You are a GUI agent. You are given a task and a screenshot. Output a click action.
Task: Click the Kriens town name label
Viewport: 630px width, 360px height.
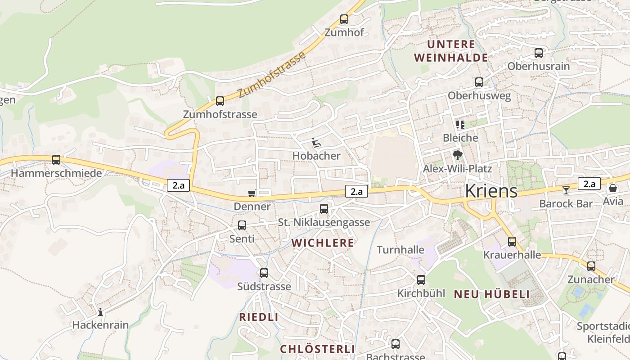pos(491,191)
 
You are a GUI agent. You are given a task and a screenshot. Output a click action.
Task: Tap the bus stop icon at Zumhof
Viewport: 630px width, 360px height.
pos(344,19)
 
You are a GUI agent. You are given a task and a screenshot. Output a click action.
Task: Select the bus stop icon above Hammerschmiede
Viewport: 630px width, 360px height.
pos(56,160)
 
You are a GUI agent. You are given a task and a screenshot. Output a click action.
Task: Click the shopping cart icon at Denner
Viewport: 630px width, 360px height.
pos(252,193)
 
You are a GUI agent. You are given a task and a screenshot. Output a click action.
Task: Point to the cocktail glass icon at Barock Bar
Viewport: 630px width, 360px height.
pos(566,190)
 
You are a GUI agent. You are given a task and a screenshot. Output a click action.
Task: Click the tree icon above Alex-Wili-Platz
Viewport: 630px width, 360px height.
pos(458,155)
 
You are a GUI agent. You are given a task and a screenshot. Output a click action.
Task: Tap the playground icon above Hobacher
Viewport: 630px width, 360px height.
pos(317,143)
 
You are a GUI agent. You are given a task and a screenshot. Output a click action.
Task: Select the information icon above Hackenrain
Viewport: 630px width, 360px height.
pos(100,311)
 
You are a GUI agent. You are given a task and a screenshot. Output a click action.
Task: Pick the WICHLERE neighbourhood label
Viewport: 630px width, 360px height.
pos(323,243)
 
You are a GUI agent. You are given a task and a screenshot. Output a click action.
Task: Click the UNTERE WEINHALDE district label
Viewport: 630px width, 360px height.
pos(451,51)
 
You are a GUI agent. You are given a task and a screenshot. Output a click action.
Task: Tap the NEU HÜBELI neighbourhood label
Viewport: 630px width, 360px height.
pos(491,294)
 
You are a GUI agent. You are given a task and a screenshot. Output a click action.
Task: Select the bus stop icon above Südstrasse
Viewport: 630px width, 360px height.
pos(264,273)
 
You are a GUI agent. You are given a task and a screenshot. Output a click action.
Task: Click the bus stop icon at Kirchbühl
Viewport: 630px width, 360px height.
pos(421,280)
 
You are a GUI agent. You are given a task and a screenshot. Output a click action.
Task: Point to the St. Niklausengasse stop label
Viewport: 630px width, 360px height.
pos(324,222)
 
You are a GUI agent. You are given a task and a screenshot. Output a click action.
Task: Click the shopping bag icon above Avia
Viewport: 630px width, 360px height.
pos(612,188)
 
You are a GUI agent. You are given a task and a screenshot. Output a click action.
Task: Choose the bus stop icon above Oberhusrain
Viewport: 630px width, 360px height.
pos(539,53)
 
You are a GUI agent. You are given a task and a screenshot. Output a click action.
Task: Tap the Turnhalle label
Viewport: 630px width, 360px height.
pos(400,250)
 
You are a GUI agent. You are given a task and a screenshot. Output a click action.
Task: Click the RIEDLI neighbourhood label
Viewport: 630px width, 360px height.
pos(258,317)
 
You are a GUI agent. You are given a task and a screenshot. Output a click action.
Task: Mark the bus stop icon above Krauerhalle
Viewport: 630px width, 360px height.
pos(512,242)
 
